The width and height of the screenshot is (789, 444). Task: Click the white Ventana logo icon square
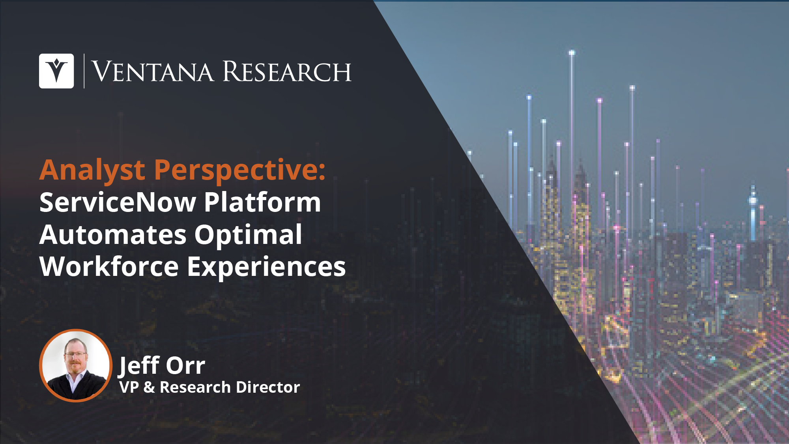[x=56, y=71]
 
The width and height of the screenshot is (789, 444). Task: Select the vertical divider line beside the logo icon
[x=84, y=71]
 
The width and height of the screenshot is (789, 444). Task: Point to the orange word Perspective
[x=240, y=170]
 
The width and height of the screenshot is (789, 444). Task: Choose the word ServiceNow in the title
[x=118, y=202]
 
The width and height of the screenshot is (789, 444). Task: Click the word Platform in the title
[x=262, y=202]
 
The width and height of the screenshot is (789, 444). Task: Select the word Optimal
[x=248, y=235]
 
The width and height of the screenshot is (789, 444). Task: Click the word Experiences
[x=266, y=267]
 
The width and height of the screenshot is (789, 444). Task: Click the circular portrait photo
[x=76, y=365]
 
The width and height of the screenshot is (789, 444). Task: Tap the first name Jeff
[x=139, y=365]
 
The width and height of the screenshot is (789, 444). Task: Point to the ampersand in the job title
[x=149, y=387]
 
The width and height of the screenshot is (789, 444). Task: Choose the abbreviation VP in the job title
[x=129, y=387]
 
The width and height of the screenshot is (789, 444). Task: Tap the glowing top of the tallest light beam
[x=572, y=52]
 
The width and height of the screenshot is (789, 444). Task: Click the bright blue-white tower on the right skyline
[x=753, y=213]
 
